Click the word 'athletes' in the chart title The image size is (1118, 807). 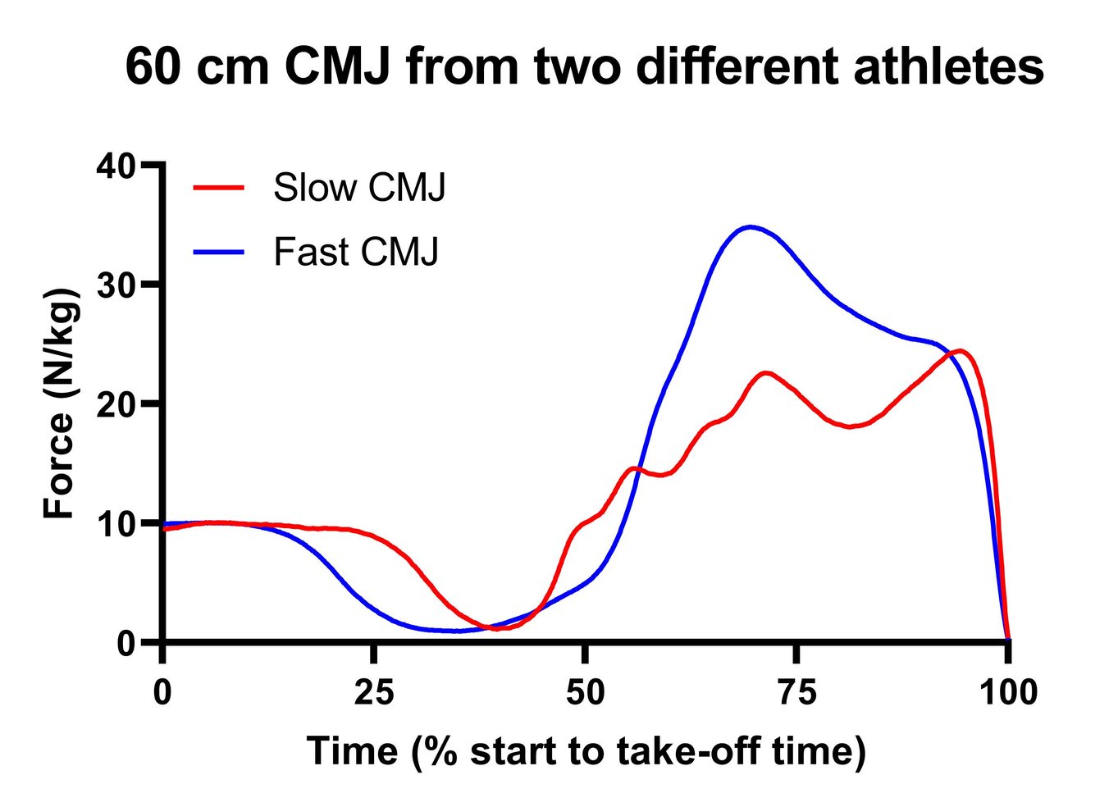click(x=948, y=67)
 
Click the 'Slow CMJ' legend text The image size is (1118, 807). click(x=359, y=188)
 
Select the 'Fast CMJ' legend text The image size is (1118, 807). click(x=356, y=252)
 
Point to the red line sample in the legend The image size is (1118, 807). click(x=219, y=188)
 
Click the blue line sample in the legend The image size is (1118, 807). click(x=219, y=252)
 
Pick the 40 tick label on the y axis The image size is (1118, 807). click(x=115, y=166)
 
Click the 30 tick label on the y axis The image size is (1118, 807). click(x=115, y=285)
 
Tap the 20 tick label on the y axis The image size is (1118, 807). click(x=115, y=404)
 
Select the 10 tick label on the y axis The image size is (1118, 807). click(x=115, y=523)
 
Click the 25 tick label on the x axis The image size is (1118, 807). click(x=374, y=693)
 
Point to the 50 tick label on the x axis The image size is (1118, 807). click(x=585, y=693)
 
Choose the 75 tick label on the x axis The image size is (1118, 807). click(x=796, y=693)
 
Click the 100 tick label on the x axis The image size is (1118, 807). click(x=1008, y=693)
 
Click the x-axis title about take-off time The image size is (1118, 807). click(x=586, y=750)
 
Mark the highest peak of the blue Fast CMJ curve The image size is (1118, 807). click(x=750, y=227)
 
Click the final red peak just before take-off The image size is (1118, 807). click(x=961, y=351)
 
